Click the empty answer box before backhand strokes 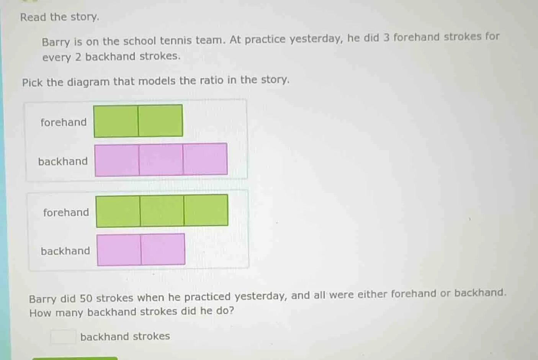tap(63, 337)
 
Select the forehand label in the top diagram tap(64, 122)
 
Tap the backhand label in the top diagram tap(63, 161)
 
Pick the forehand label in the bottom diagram tap(66, 212)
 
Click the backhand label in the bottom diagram tap(65, 251)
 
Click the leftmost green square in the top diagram tap(116, 121)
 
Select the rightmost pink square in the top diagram tap(205, 159)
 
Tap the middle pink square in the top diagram tap(161, 160)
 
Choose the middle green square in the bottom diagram tap(162, 211)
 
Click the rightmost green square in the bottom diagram tap(206, 210)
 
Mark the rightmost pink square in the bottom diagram tap(163, 249)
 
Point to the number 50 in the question tap(86, 298)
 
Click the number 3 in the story tap(386, 38)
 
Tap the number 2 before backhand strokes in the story tap(78, 57)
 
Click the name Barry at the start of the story tap(56, 42)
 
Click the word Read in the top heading tap(33, 17)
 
